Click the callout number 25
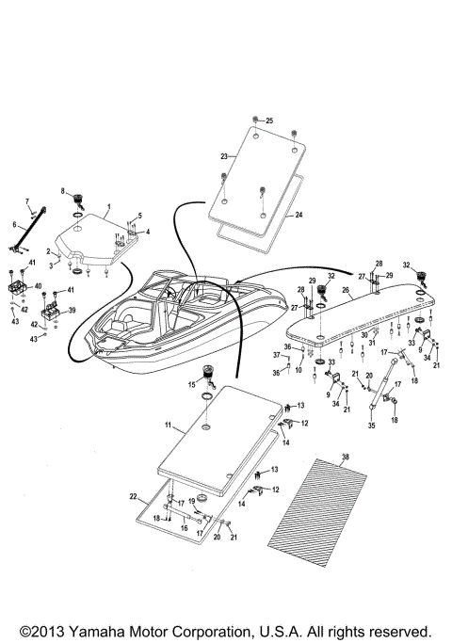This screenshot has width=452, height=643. tap(269, 121)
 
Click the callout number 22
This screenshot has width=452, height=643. tap(134, 496)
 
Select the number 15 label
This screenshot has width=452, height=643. tap(192, 383)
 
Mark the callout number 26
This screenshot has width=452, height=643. tap(346, 290)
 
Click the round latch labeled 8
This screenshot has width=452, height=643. tap(79, 199)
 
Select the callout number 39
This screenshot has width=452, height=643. tap(71, 310)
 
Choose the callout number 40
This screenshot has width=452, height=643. tap(38, 285)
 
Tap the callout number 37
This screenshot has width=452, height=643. tap(277, 355)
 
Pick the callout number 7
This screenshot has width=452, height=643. tap(27, 201)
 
